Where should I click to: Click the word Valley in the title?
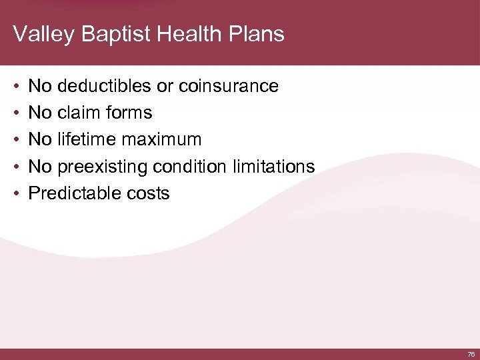(x=41, y=34)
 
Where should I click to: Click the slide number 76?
(x=471, y=354)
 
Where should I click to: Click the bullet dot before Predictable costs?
(x=16, y=194)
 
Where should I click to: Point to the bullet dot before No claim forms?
(x=16, y=113)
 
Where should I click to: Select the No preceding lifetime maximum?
(x=41, y=140)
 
